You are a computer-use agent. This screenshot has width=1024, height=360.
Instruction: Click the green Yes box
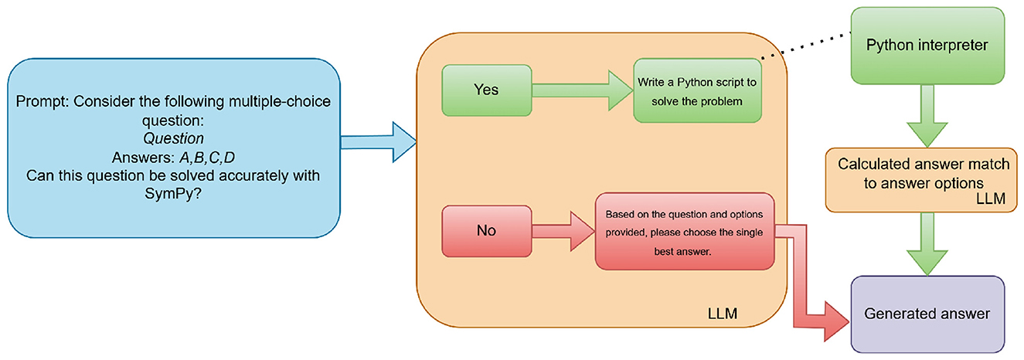tap(487, 90)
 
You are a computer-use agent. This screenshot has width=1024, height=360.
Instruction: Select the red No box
tap(486, 230)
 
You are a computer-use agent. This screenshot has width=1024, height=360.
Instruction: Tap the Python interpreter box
tap(927, 46)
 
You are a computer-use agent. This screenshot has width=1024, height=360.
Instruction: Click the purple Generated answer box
tap(927, 314)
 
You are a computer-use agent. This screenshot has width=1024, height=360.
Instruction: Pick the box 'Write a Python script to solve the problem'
tap(690, 90)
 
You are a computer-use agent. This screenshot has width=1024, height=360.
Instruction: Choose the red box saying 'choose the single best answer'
tap(684, 232)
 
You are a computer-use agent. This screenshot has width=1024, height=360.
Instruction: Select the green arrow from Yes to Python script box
tap(582, 90)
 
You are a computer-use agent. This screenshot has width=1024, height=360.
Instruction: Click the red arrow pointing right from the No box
tap(563, 230)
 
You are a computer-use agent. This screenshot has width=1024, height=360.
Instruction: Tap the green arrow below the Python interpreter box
tap(927, 115)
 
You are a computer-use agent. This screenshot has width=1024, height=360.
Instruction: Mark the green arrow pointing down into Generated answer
tap(927, 244)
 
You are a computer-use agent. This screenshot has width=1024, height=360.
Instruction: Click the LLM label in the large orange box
tap(723, 314)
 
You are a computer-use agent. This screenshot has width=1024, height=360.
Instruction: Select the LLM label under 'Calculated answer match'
tap(990, 199)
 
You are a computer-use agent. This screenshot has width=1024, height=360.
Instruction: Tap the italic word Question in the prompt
tap(173, 139)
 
